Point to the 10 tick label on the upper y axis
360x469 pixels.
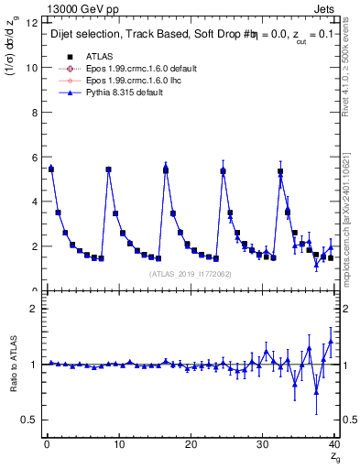pyautogui.click(x=33, y=68)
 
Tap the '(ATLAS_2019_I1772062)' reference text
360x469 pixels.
pyautogui.click(x=190, y=273)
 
